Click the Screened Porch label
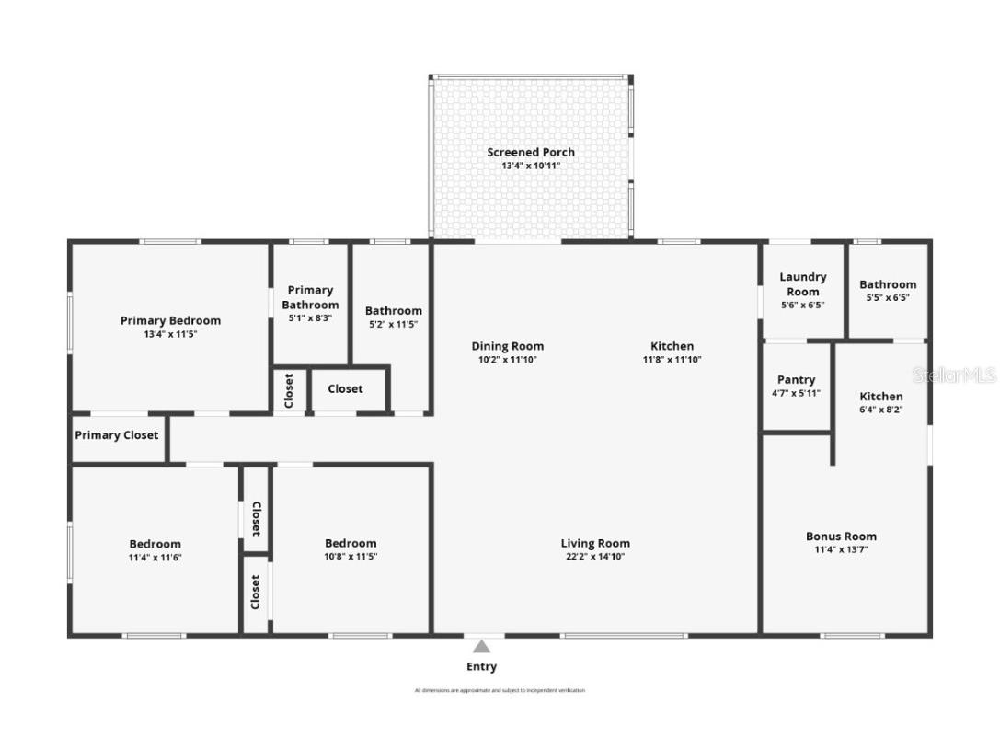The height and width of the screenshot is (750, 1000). (531, 152)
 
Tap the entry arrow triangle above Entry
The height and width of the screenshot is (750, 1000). (482, 647)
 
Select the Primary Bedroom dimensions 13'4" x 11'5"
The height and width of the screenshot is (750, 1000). (170, 334)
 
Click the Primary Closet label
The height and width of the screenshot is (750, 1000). (117, 435)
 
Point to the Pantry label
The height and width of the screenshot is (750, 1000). (796, 379)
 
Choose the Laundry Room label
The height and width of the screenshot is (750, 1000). (803, 283)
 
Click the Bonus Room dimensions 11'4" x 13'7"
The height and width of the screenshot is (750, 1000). (841, 549)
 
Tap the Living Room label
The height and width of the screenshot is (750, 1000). (595, 543)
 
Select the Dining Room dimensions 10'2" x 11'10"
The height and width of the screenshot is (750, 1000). (507, 360)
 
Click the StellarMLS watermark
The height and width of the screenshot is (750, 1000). (954, 375)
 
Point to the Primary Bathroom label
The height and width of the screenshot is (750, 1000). (310, 297)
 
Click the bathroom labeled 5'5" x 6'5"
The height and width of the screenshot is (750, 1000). (888, 284)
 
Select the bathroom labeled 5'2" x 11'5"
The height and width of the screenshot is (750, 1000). (394, 311)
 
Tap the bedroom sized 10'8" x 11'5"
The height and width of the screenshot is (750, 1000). (351, 543)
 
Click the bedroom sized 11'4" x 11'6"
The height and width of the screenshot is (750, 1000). (155, 544)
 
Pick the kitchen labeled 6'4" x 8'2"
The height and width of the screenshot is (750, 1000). (880, 397)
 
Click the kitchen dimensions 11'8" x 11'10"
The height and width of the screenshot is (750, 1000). (672, 360)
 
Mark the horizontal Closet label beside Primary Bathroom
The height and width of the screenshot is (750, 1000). (345, 388)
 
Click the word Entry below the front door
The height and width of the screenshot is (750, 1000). (481, 666)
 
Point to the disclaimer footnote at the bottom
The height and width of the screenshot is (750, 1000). (500, 690)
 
